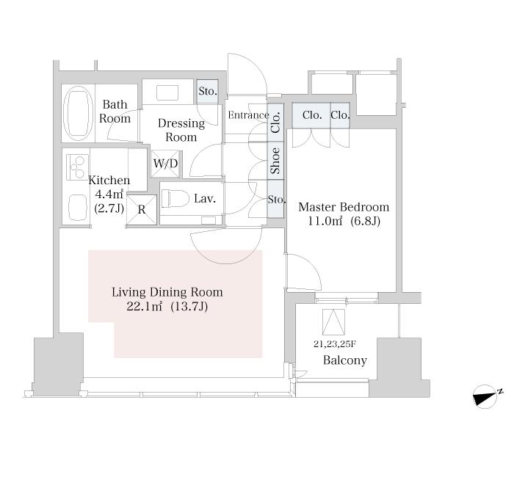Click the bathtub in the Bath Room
point(78,113)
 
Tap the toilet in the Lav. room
point(175,199)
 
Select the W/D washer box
point(165,163)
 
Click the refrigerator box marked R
point(142,210)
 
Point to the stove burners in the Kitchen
point(78,167)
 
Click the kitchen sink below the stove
point(78,208)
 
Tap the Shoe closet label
point(275,161)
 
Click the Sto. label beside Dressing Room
point(208,91)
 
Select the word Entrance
point(248,115)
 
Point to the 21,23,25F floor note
point(335,344)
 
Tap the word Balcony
point(345,360)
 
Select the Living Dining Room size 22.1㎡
point(145,307)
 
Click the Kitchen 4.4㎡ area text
point(109,194)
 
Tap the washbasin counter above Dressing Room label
point(167,92)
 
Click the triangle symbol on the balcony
point(333,321)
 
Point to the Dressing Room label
point(181,130)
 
